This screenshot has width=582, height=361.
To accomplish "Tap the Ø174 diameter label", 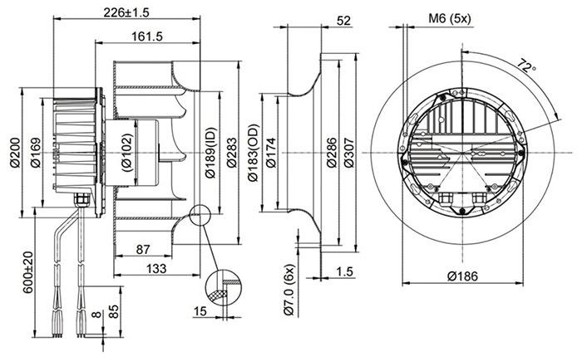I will coord(271,150).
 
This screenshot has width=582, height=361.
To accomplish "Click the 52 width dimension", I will coord(344,21).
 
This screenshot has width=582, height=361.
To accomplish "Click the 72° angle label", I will coord(524,66).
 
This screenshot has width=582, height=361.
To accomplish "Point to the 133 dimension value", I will coord(153,270).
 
